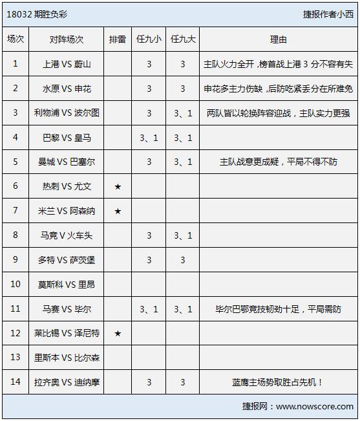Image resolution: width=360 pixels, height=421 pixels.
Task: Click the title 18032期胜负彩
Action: (x=34, y=14)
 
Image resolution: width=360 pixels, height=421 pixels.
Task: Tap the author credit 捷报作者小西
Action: (x=328, y=14)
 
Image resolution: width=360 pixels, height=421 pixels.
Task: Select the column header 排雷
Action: (x=118, y=39)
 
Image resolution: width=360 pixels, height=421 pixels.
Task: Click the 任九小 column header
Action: (x=149, y=39)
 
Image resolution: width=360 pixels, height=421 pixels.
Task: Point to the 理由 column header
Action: (x=278, y=39)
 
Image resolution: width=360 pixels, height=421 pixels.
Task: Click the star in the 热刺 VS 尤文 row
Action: (x=118, y=187)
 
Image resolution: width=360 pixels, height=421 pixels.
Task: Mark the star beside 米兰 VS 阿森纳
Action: (x=118, y=211)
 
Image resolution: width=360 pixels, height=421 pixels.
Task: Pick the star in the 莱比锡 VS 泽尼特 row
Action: (x=118, y=334)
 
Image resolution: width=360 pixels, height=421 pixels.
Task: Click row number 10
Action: (x=16, y=285)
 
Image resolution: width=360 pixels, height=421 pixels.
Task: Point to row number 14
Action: (x=16, y=382)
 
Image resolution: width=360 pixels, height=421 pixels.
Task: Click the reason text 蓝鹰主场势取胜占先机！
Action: (x=278, y=382)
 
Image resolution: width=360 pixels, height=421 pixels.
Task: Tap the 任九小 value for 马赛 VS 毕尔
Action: (x=149, y=309)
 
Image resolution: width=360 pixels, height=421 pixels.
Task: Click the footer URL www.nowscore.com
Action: (x=315, y=407)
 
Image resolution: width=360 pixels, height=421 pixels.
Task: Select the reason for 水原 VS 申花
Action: (x=278, y=89)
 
